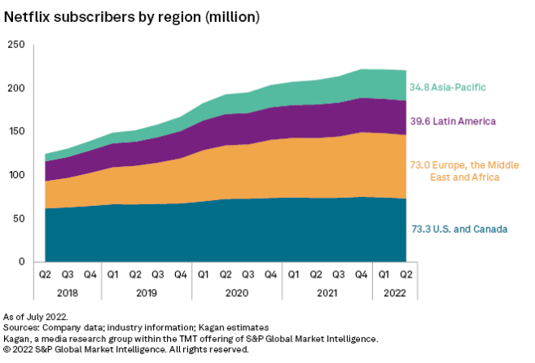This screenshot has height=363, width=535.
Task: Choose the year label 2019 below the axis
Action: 147,291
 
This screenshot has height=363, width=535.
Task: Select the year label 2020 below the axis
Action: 236,291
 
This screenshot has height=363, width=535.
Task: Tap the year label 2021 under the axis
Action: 327,291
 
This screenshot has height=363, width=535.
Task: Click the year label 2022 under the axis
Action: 393,291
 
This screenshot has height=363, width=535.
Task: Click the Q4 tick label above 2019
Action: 180,274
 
